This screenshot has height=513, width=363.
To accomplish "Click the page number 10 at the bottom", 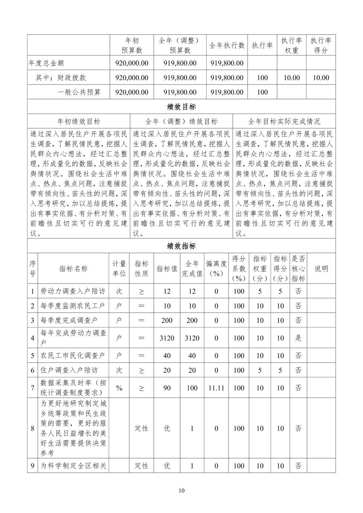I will tap(181, 490).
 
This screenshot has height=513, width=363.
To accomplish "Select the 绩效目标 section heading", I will tap(181, 107).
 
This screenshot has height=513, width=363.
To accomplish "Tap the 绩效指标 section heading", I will tap(181, 246).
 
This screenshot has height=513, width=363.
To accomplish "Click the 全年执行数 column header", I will tap(227, 45).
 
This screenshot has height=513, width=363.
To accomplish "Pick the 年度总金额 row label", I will tap(46, 63).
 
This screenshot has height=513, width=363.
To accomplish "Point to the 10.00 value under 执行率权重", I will tap(291, 78).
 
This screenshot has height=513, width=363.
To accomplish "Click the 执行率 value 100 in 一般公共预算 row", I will tap(262, 92).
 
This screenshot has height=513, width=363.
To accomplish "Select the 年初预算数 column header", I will tap(132, 45).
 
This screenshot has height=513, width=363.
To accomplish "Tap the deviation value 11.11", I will tap(216, 388).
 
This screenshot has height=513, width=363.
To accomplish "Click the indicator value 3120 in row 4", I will tap(167, 338).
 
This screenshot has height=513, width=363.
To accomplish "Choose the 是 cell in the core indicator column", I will tap(298, 338).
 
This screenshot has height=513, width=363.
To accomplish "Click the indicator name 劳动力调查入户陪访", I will tap(73, 291).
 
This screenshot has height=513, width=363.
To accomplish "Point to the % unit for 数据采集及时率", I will tap(119, 388).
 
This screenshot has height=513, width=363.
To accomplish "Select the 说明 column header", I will tap(321, 269).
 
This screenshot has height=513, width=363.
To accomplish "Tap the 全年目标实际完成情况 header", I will tap(284, 121).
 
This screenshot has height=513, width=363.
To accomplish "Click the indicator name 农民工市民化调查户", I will tap(73, 355).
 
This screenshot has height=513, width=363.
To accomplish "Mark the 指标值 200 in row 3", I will tap(167, 320).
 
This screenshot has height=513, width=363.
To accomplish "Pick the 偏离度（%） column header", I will tap(216, 269).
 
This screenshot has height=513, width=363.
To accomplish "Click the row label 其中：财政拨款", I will tap(61, 78).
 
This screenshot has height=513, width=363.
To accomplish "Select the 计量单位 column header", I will tap(119, 269).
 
